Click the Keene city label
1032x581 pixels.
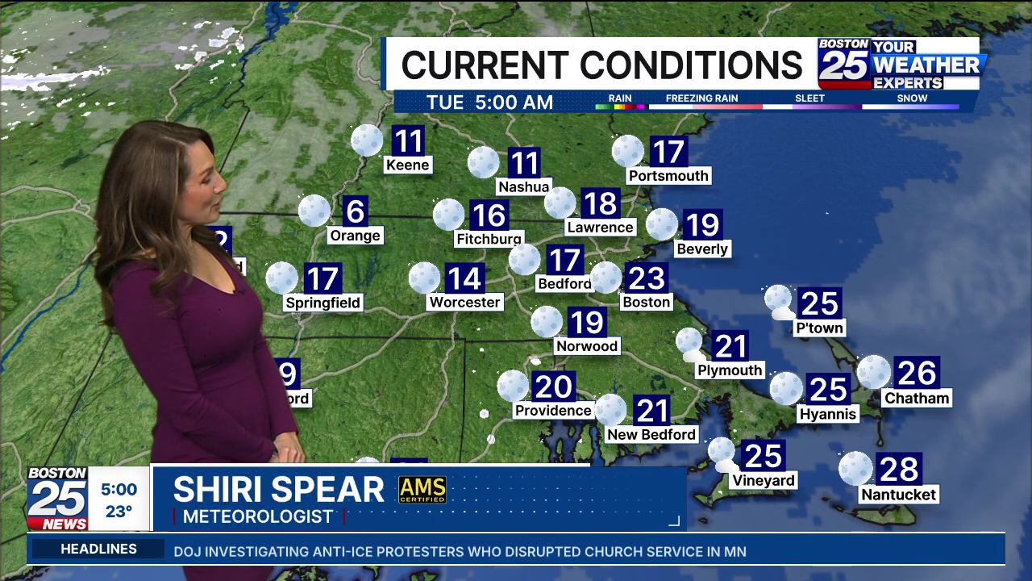408,165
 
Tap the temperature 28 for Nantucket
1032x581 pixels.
899,469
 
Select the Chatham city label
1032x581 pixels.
917,398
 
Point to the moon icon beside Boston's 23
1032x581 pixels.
606,278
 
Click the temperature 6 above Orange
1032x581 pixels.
356,211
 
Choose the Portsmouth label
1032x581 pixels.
668,176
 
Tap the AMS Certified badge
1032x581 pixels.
422,490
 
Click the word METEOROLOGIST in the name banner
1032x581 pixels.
258,516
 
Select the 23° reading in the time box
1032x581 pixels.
119,511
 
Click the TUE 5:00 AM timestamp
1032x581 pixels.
489,102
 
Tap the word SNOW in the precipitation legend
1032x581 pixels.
912,98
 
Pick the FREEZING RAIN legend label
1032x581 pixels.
701,98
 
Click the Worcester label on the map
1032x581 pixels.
465,302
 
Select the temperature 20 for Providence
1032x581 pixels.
553,387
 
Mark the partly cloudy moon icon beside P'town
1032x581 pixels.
779,301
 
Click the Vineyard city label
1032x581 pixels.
764,481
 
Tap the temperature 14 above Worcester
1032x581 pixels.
465,278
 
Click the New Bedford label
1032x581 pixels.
651,434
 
